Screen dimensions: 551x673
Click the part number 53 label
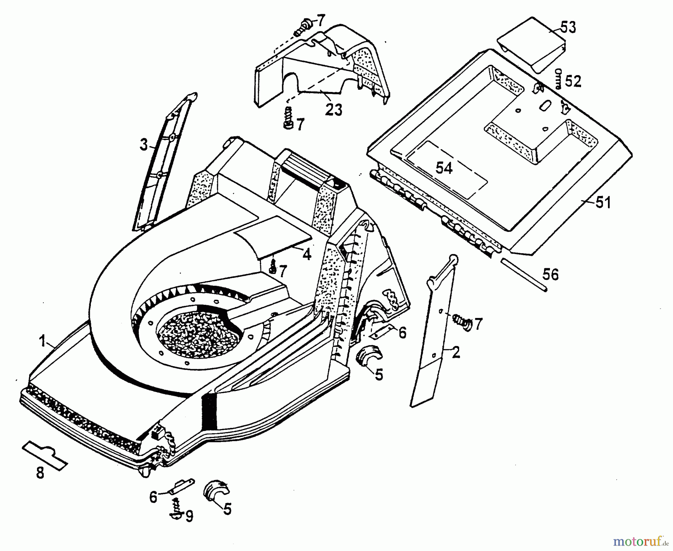coord(568,27)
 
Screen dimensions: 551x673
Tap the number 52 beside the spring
coord(573,81)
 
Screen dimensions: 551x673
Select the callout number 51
coord(603,202)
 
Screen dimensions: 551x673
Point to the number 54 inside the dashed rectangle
coord(444,168)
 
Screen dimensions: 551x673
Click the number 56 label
coord(550,275)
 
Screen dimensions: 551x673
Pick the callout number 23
coord(334,110)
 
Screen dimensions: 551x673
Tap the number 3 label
coord(144,145)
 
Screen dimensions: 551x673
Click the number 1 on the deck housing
coord(43,341)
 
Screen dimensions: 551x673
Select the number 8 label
coord(40,473)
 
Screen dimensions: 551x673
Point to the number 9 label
coord(189,516)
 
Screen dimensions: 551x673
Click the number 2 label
coord(456,352)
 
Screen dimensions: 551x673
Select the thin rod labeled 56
coord(523,275)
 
